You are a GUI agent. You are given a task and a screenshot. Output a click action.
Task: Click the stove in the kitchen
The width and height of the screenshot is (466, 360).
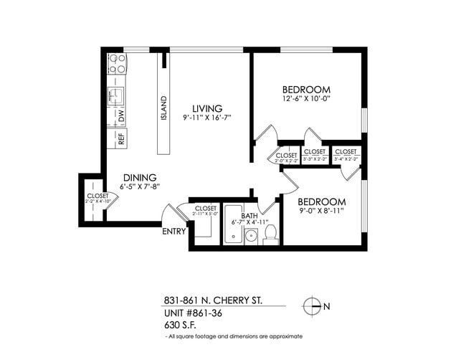[117, 64]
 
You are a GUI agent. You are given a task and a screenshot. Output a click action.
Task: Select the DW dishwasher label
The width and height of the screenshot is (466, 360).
[121, 115]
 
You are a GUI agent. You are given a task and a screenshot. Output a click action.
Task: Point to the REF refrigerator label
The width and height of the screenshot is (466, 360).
[120, 138]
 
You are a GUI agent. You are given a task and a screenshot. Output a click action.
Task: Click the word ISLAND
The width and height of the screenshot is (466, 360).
[164, 107]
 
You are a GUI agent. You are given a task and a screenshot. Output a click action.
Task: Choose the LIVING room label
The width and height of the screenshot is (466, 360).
[206, 108]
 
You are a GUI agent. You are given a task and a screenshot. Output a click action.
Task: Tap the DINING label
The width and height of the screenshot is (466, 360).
[139, 177]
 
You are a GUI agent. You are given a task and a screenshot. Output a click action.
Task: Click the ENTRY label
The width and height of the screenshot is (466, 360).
[174, 231]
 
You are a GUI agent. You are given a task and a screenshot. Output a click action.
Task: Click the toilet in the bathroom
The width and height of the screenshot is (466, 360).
[270, 235]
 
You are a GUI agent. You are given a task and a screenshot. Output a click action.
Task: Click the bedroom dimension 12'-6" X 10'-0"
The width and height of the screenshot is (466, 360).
[306, 99]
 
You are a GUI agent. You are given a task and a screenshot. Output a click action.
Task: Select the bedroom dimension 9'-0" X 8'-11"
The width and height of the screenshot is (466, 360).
[322, 212]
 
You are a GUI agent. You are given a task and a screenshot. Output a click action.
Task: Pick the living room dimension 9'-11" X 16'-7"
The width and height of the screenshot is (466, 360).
[206, 118]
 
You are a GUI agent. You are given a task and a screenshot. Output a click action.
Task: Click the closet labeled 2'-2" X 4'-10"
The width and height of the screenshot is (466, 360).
[98, 202]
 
